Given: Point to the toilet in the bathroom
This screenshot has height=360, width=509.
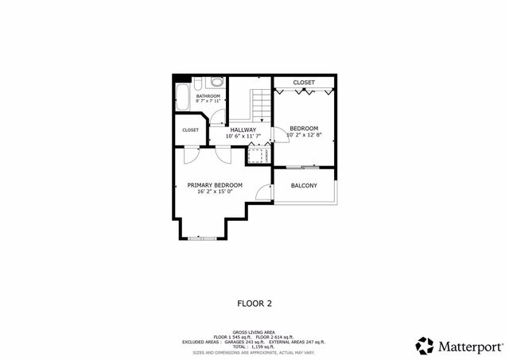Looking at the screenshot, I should pos(216,82).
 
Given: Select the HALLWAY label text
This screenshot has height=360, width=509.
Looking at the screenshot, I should pos(243,130).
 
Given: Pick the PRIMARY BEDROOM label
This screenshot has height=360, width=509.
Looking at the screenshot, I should pos(215,185).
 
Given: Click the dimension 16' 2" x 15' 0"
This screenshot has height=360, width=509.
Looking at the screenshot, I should pos(215,192).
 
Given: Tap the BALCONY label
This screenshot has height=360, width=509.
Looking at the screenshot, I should pos(304,186).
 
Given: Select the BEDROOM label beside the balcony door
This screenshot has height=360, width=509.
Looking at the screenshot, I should pos(303,129).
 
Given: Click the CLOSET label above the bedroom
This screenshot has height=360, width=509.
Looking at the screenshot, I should pos(304,83).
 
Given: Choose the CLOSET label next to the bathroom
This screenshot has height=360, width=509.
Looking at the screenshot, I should pos(190,130).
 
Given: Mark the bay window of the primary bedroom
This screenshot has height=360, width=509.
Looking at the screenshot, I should pos(201,238).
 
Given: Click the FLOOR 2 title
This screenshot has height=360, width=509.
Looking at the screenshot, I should pos(254,303).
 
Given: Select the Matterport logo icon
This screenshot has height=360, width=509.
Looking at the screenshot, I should pos(425,346).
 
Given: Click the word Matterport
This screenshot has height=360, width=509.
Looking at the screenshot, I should pos(470,346).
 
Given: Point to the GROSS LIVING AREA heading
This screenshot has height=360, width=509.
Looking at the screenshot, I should pos(254,331).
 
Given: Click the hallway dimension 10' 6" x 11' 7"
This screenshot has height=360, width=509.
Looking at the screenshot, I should pos(243,137).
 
